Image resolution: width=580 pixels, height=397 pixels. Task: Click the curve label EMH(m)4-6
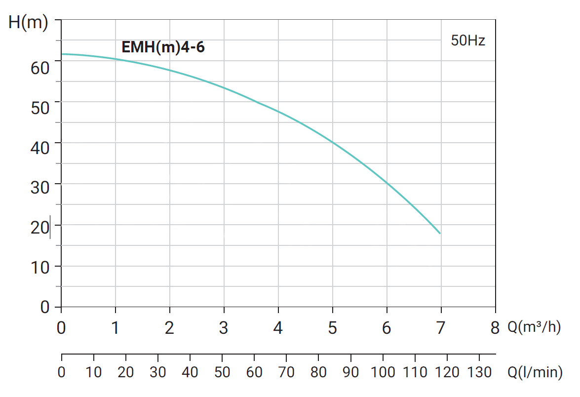[x=163, y=48]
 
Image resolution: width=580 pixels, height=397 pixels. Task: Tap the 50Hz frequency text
[x=468, y=40]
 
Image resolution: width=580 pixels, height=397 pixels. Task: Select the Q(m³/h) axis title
[x=534, y=328]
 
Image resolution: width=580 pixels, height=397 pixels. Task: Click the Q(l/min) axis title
[x=535, y=372]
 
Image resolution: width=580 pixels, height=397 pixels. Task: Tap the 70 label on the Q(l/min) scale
[x=286, y=372]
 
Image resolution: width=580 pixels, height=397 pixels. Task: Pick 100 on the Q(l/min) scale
[x=383, y=372]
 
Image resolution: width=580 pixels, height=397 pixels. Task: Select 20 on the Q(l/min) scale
[x=126, y=372]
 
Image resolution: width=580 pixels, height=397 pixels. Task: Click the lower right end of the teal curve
[x=439, y=233]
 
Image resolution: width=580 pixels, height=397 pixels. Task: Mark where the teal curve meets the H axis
[x=62, y=54]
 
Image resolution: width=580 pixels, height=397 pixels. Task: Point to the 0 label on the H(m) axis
[x=45, y=308]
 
